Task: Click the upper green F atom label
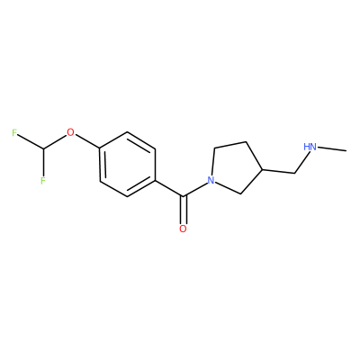coord(14,132)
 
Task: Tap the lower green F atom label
coord(43,181)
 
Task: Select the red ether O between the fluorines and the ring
coord(70,132)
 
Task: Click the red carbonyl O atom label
coord(183,229)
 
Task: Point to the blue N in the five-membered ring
coord(211,180)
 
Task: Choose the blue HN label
coord(310,147)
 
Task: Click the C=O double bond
coord(183,210)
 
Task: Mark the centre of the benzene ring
coord(128,165)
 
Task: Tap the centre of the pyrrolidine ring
coord(237,168)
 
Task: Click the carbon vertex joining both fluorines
coord(43,148)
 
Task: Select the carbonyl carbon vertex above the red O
coord(183,196)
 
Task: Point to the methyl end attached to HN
coord(346,150)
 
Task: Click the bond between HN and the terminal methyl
coord(332,148)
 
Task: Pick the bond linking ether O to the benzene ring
coord(87,141)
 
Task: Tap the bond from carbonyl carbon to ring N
coord(195,190)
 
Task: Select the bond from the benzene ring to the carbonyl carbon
coord(169,188)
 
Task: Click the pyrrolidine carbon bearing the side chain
coord(263,170)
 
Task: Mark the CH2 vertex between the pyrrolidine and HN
coord(295,173)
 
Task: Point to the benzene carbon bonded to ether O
coord(100,148)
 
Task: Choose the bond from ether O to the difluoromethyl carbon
coord(56,141)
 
